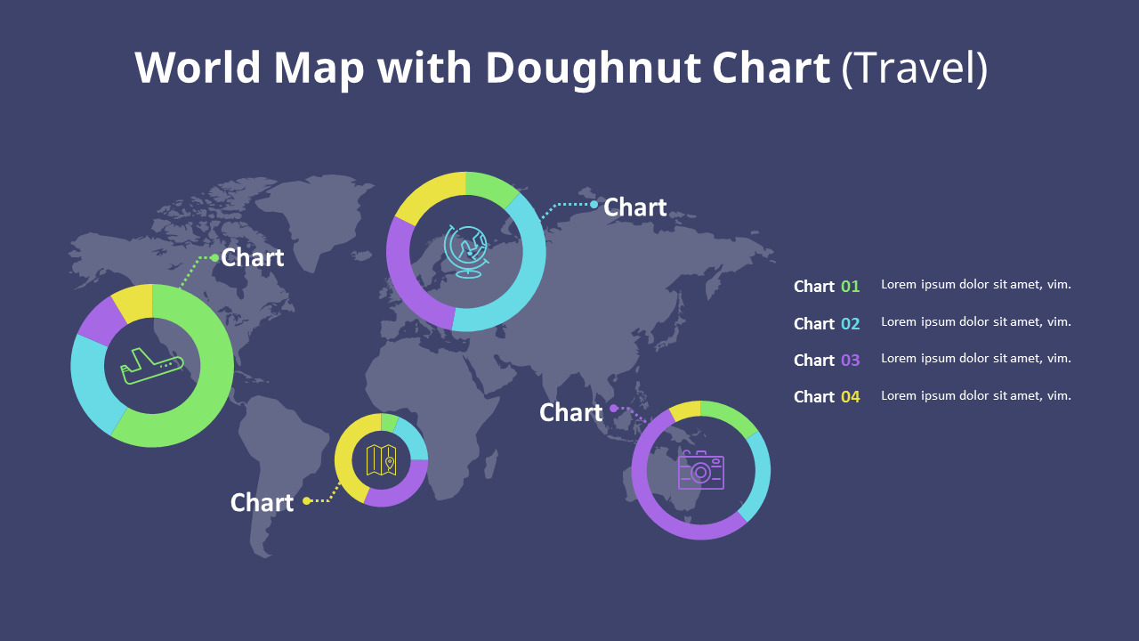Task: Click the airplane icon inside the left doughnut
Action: pos(152,366)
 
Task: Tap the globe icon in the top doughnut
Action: pos(466,251)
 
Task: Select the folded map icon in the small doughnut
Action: pos(381,460)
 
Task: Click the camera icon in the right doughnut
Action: pos(701,470)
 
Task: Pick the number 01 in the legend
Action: pos(851,287)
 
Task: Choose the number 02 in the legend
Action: pos(851,323)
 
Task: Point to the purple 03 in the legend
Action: pos(851,360)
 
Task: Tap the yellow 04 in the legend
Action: pos(851,396)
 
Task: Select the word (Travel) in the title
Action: pos(914,68)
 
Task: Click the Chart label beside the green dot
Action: pos(252,257)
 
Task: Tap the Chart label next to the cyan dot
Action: pos(634,207)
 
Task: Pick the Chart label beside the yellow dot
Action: pos(262,502)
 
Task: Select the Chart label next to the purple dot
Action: pos(571,412)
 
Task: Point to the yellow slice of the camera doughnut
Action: pos(686,410)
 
